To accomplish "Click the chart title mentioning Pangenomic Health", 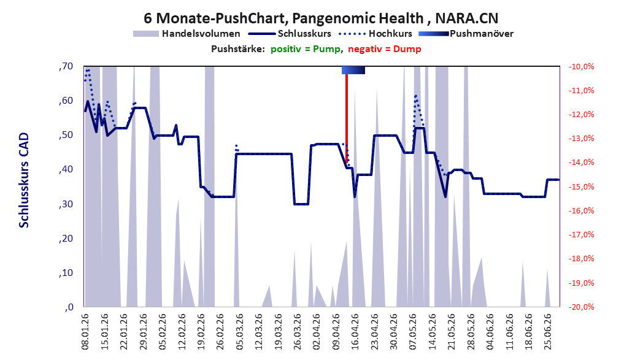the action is coord(321,18).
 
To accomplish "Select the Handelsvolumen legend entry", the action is coord(187,34).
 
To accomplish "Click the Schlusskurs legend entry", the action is coord(290,34).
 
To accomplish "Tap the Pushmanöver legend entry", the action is coord(466,34).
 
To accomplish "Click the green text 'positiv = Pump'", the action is coord(306,49).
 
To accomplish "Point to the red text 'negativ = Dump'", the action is coord(385,49).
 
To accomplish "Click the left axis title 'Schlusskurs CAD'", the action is coord(24,180).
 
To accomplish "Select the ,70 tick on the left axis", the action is coord(66,66).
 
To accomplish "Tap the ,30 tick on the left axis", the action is coord(66,204).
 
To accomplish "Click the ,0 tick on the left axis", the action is coord(69,307).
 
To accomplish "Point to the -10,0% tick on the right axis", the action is coord(581,66).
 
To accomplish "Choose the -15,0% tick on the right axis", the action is coord(581,186).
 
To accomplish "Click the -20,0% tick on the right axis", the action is coord(581,307).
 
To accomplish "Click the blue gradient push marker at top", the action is coord(353,70).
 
